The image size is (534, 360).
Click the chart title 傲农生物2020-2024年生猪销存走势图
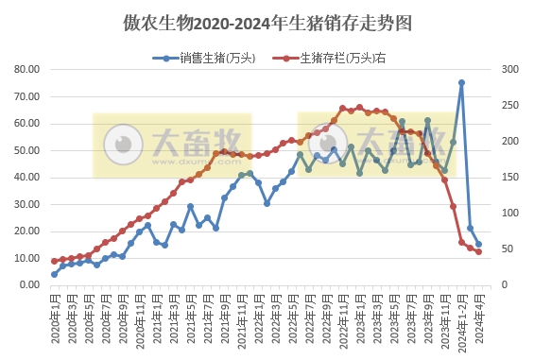tap(267, 20)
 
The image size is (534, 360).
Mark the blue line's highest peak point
tap(461, 82)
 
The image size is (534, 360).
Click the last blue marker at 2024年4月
tap(478, 244)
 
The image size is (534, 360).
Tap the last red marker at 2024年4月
tap(478, 251)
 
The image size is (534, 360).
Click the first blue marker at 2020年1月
tap(54, 274)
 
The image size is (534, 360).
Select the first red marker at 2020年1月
tap(54, 261)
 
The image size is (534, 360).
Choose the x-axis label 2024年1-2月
tap(461, 322)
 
